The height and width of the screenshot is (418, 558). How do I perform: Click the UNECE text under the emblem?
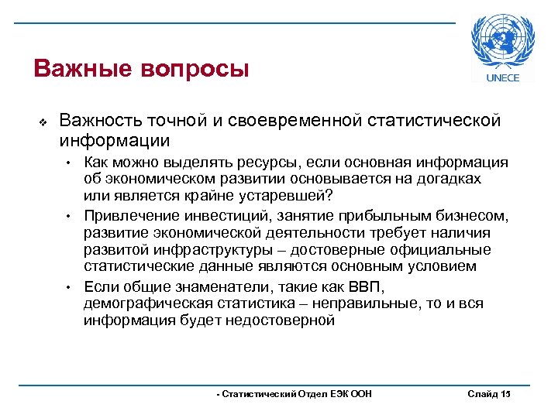pos(502,77)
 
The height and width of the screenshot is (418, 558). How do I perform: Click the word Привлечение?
pos(126,214)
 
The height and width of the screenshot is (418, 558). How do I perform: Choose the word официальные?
pos(439,250)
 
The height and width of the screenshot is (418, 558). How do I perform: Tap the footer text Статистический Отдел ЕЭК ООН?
pos(295,394)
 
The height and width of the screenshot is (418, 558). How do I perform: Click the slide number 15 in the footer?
pos(506,394)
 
